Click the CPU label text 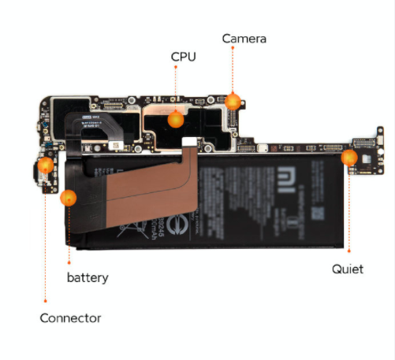183,57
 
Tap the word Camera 244,39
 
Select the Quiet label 347,269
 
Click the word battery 87,278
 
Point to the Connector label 70,318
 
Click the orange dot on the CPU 175,120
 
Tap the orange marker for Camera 232,101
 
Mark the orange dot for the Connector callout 46,165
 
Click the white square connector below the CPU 189,141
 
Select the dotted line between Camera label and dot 232,71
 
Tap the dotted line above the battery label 69,236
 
